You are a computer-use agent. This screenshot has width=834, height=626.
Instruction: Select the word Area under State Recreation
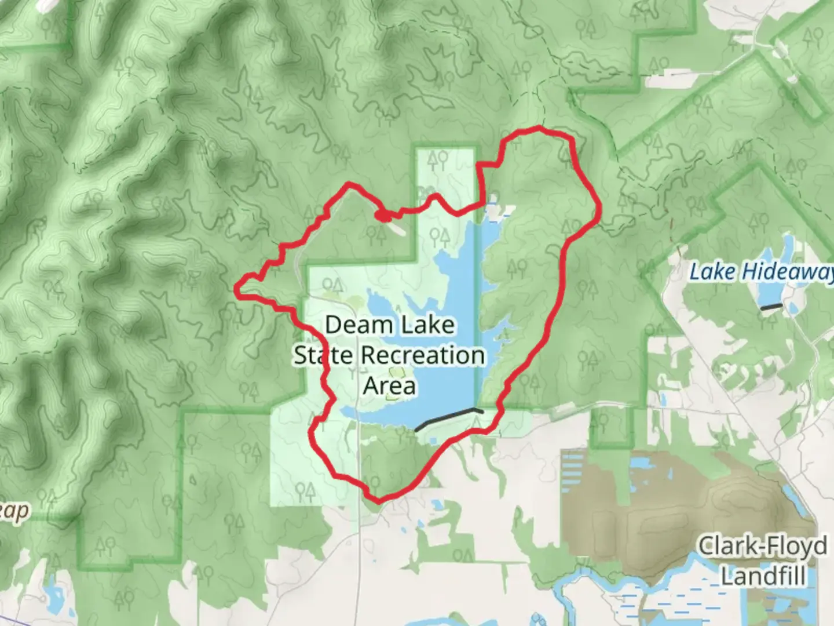(x=389, y=385)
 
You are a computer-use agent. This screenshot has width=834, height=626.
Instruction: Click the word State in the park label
(x=323, y=355)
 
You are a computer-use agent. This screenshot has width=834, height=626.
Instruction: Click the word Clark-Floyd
(x=762, y=546)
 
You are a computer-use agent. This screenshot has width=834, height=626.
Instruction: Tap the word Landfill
(x=762, y=576)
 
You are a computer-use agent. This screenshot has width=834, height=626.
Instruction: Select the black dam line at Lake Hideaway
(x=771, y=307)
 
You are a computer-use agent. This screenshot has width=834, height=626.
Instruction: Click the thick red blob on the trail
(x=383, y=216)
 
